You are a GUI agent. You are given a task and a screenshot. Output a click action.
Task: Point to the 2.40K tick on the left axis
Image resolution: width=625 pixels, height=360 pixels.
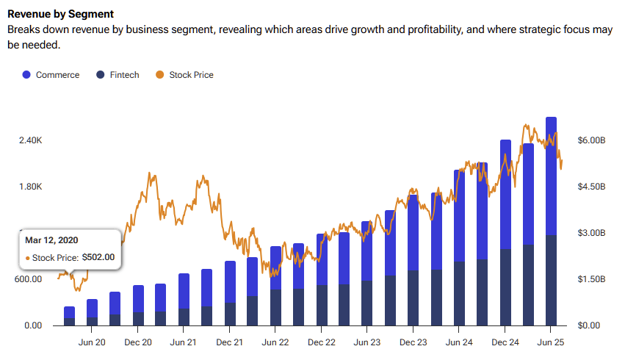point(30,140)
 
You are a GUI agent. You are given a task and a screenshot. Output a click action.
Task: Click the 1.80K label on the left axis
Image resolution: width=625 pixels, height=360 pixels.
point(30,187)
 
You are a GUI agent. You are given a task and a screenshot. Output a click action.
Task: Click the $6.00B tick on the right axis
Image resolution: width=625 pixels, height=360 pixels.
point(591,140)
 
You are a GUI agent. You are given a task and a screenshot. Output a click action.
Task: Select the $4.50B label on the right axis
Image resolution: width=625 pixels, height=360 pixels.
point(591,187)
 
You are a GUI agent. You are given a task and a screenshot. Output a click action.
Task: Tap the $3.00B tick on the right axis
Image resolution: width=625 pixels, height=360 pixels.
point(591,233)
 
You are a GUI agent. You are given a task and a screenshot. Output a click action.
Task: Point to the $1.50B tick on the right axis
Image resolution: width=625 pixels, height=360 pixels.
point(591,279)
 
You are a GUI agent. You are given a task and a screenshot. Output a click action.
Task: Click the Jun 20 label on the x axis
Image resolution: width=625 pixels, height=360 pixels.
point(92,342)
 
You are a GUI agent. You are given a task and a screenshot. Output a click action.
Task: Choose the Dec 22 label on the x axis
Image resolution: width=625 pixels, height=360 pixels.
point(321,342)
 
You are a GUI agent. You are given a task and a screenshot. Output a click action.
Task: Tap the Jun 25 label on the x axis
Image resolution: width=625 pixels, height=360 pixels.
point(551,342)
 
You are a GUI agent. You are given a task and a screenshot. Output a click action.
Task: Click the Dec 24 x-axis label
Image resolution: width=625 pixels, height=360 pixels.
point(505,342)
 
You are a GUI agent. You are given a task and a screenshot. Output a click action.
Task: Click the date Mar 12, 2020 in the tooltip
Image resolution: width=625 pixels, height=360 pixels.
point(51,240)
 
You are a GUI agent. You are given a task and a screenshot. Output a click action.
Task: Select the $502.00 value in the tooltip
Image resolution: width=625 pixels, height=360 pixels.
point(98,257)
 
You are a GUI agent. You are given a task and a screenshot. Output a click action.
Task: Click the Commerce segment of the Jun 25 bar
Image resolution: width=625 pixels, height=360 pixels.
point(551,176)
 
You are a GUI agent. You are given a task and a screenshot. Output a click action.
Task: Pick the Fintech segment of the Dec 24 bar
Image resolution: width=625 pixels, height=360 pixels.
point(505,287)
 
